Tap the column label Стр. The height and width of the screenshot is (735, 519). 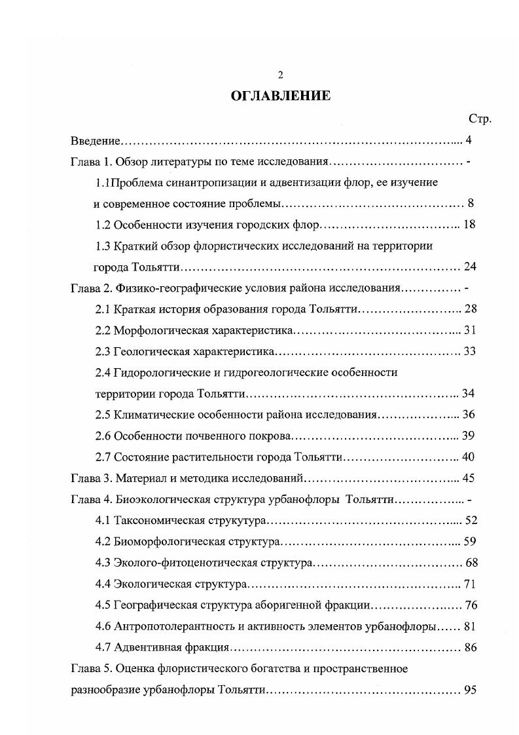click(480, 119)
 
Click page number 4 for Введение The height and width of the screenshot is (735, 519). click(468, 140)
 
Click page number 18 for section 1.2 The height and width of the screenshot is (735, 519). click(469, 225)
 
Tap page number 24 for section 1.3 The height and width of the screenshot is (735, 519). click(469, 267)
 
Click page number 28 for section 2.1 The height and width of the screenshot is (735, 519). click(469, 309)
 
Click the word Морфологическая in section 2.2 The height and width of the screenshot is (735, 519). click(156, 330)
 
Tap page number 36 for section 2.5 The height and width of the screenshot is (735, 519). click(469, 414)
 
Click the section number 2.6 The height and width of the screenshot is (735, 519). click(103, 436)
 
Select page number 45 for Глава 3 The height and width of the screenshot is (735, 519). click(469, 478)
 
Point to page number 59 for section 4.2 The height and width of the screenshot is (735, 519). click(469, 541)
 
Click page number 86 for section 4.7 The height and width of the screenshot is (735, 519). click(469, 647)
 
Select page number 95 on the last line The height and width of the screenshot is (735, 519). click(469, 690)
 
